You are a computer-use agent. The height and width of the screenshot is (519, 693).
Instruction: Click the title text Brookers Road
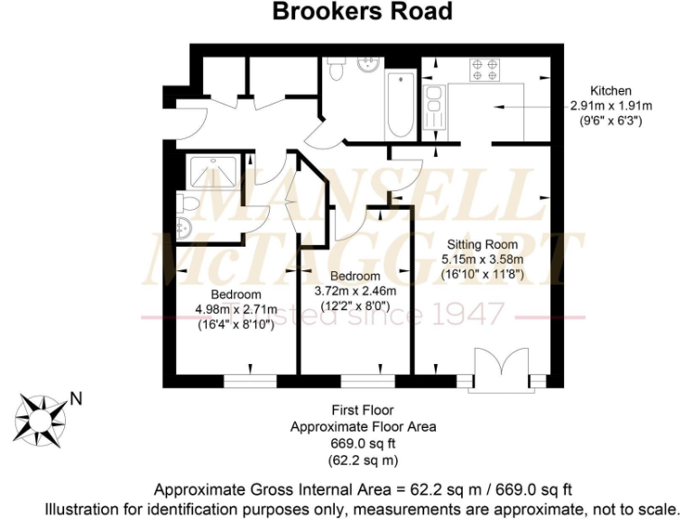(363, 12)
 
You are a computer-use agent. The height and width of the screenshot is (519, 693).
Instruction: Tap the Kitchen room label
(610, 91)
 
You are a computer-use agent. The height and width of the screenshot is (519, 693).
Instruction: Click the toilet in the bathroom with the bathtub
(337, 68)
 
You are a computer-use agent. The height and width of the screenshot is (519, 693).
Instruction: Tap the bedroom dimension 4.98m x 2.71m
(236, 309)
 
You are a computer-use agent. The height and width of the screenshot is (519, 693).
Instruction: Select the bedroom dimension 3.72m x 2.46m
(355, 290)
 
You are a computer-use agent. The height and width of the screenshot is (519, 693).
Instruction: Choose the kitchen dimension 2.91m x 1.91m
(610, 105)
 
